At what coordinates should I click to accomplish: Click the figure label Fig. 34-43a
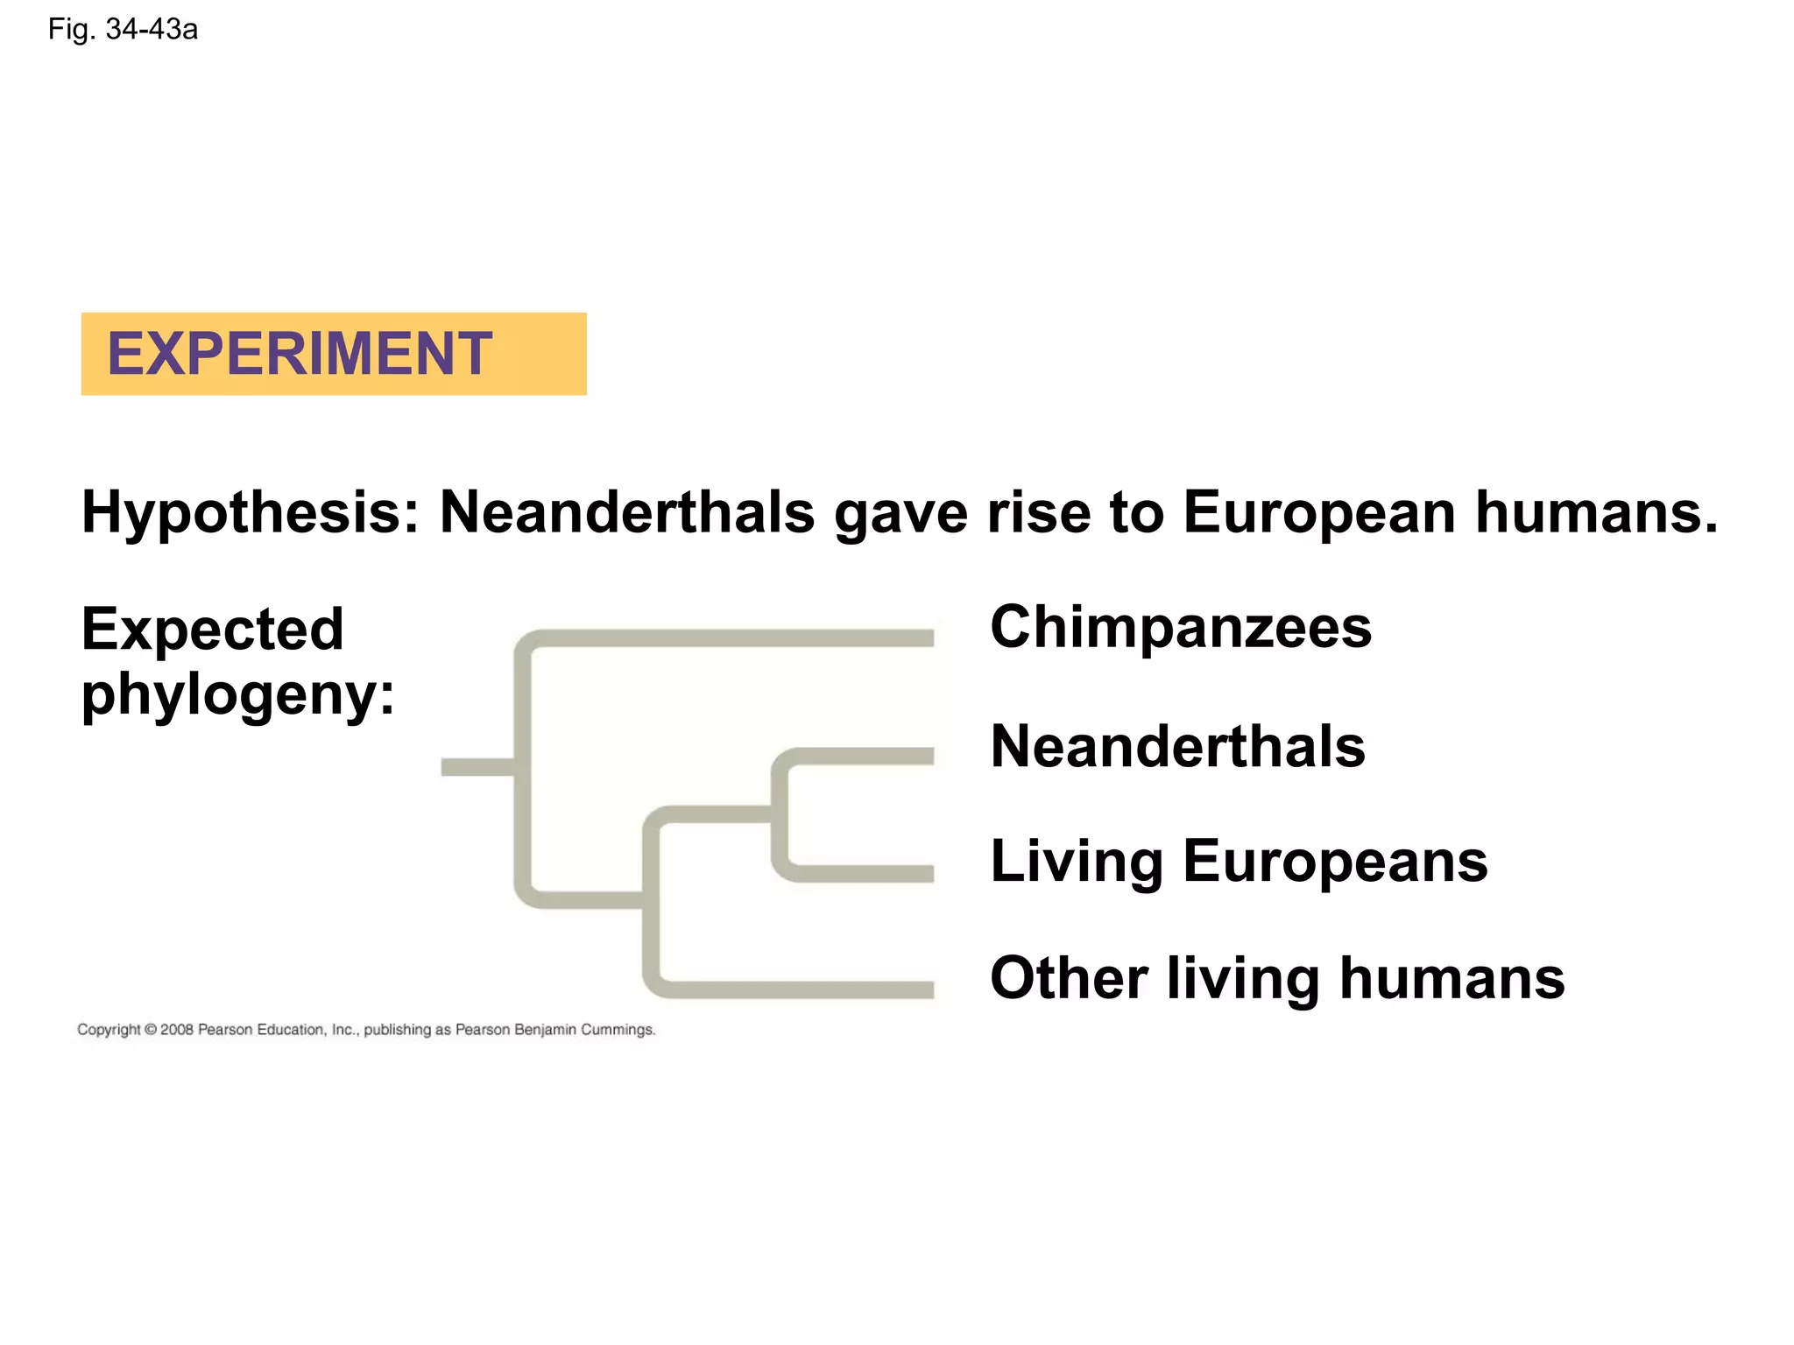(x=123, y=30)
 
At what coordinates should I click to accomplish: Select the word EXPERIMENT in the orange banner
(x=300, y=354)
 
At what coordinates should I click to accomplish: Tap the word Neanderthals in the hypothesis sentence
(x=627, y=512)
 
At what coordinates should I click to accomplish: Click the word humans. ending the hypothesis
(x=1596, y=512)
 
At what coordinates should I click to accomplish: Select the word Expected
(x=213, y=629)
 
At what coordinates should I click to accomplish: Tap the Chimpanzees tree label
(x=1181, y=627)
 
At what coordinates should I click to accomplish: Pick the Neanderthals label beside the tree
(x=1177, y=746)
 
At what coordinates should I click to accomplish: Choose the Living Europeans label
(x=1239, y=861)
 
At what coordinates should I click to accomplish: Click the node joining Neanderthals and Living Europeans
(x=779, y=814)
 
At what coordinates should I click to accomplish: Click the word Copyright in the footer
(x=109, y=1030)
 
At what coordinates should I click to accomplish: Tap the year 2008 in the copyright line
(x=176, y=1030)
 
